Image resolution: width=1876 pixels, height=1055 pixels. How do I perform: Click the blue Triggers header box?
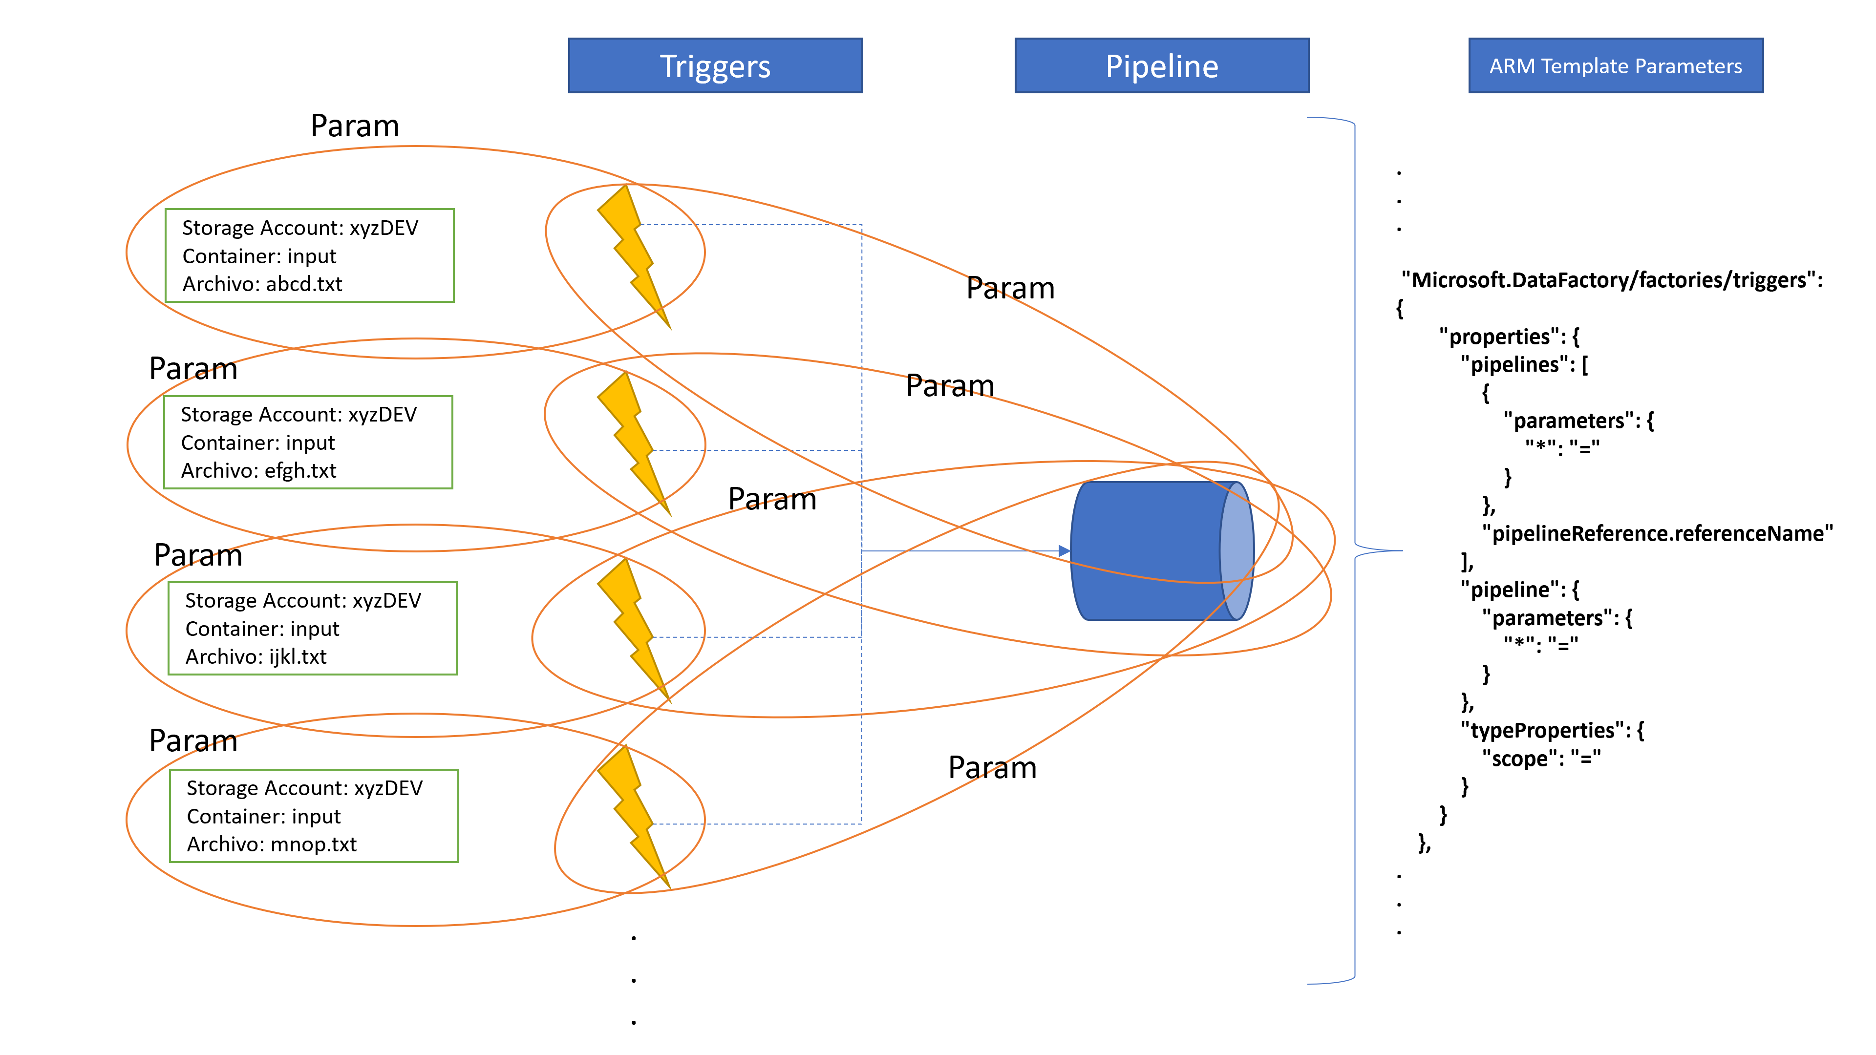(715, 65)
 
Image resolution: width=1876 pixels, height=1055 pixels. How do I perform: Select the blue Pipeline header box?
(1162, 65)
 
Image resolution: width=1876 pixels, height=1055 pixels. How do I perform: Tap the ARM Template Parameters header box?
(1615, 65)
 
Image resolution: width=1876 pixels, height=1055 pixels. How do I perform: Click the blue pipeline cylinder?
(1162, 550)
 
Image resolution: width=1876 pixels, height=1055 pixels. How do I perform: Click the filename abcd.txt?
(304, 284)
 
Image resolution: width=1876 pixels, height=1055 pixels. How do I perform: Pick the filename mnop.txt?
(314, 844)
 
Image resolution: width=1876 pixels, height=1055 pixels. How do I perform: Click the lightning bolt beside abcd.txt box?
(634, 256)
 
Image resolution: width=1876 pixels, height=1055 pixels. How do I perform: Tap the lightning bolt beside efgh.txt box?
(634, 443)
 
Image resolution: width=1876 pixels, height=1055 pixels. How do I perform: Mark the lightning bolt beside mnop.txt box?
(634, 817)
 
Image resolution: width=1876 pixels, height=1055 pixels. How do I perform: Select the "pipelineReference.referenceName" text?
(1658, 534)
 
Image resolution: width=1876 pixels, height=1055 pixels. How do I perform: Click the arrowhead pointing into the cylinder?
(1064, 551)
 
